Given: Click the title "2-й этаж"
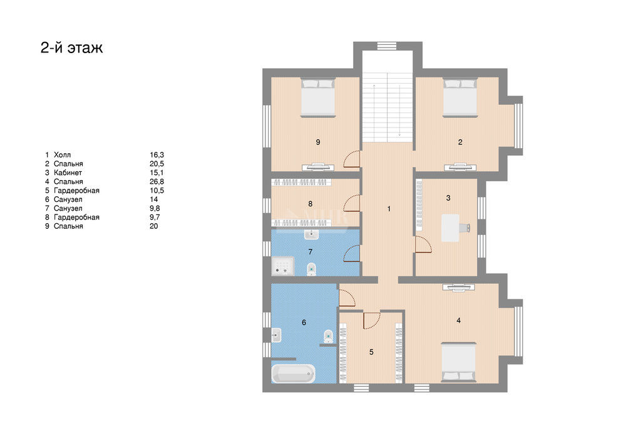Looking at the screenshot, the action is pos(72,48).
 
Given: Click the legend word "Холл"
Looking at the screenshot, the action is pos(62,154).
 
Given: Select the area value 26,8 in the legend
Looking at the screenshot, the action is pos(157,182).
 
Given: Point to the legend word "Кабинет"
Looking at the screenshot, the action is pos(68,173).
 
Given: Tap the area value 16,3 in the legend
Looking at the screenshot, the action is pos(157,154).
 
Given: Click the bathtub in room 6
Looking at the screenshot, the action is pos(293,374).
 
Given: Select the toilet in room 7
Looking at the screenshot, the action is pos(311,269).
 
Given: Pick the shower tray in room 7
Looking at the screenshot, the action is pos(283,266).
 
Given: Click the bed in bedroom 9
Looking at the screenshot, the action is pos(318,98).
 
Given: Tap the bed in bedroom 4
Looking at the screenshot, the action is pos(459,362).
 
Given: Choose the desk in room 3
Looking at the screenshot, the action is pos(451,228).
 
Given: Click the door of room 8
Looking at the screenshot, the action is pos(352,203).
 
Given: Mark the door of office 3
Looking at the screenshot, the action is pos(424,244).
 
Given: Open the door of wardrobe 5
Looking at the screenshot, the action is pos(372,320).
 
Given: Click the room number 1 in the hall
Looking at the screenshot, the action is pos(389,209).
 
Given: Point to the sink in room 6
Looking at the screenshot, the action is pos(276,335).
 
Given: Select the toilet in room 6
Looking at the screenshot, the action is pos(328,336).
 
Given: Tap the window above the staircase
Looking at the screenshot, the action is pos(387,46).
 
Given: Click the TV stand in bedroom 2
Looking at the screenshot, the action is pos(460,166).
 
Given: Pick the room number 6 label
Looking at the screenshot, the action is pos(304,323).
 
